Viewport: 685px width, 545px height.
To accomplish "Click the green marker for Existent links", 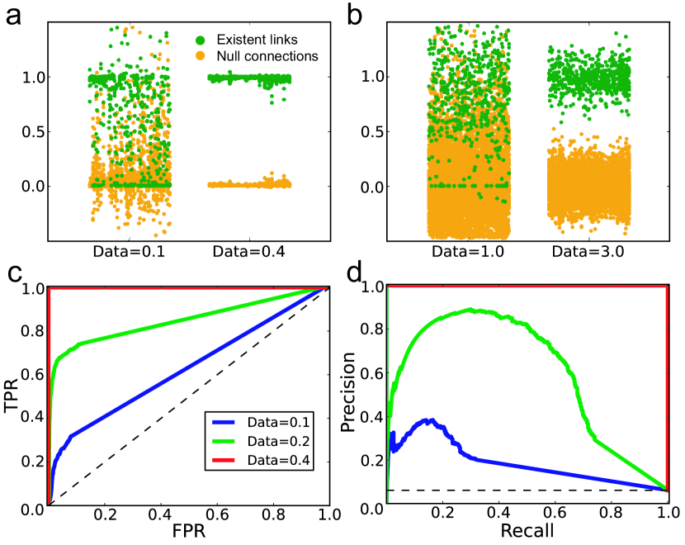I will (201, 39).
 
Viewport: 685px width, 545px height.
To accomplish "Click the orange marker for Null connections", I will (201, 55).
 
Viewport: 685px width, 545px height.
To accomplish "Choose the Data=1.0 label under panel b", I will (468, 250).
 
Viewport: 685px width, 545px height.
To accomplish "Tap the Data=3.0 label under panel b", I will (588, 250).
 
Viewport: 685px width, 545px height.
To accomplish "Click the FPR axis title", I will (189, 533).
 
